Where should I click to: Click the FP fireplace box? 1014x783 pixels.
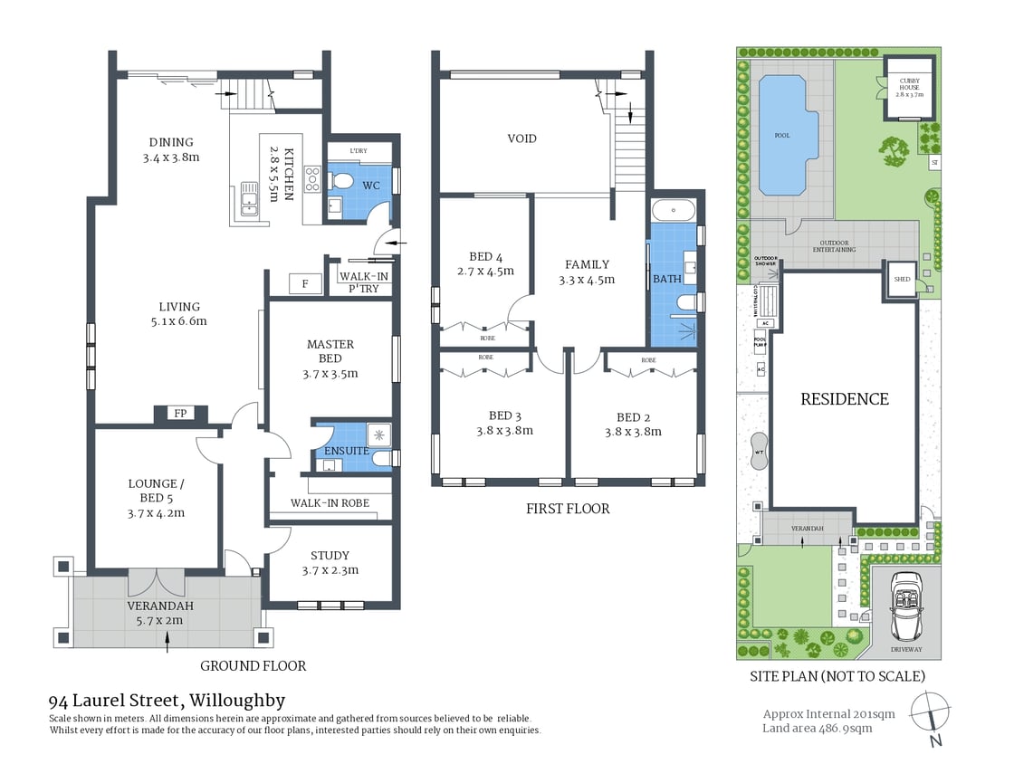coord(180,414)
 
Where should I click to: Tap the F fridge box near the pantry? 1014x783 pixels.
coord(305,284)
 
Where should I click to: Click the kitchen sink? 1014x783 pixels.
coord(247,200)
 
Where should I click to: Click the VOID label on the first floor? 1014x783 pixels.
coord(521,138)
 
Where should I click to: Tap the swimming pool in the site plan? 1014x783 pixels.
coord(782,135)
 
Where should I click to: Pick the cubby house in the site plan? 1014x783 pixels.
coord(909,89)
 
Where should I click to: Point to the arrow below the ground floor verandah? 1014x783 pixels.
coord(167,641)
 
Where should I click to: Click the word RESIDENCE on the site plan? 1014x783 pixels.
coord(845,399)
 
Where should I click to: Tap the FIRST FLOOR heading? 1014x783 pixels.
coord(568,509)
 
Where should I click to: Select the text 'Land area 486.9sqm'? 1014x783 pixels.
coord(818,728)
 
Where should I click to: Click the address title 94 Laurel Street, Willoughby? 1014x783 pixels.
coord(167,701)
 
